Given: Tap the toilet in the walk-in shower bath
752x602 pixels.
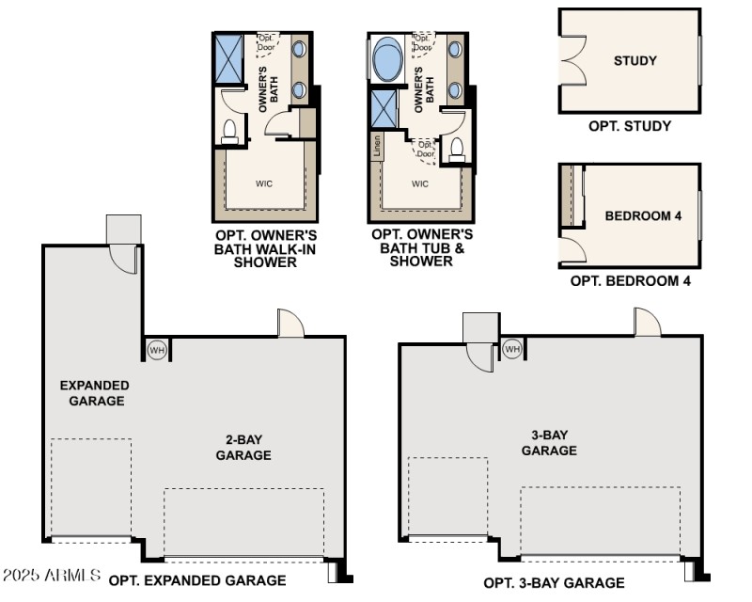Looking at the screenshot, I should point(228,133).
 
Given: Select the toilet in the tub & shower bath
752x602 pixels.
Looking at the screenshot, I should point(456,148).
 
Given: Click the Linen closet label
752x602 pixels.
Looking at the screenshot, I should point(376,146).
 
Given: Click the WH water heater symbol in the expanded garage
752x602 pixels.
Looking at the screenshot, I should point(157,350).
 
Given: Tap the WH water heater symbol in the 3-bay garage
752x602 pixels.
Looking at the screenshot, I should point(511,349).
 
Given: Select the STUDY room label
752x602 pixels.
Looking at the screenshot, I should point(634,61).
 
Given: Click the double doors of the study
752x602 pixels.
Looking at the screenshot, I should point(571,61).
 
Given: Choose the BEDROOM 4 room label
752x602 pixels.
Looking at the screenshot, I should point(643,216).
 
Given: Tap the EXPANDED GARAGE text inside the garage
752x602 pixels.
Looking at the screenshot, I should point(94,393).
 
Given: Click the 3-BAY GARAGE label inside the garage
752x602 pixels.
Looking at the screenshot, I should point(549,443).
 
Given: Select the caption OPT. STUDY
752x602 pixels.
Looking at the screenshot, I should point(630,126).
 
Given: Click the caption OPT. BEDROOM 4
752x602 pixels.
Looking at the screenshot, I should point(630,280).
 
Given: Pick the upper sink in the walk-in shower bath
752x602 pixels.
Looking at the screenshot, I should point(299,50).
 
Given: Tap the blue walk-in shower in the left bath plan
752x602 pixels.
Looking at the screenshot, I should point(228,56).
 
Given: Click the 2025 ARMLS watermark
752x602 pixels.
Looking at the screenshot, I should point(52,574).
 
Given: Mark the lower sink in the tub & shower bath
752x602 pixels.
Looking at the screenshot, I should point(455,91).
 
